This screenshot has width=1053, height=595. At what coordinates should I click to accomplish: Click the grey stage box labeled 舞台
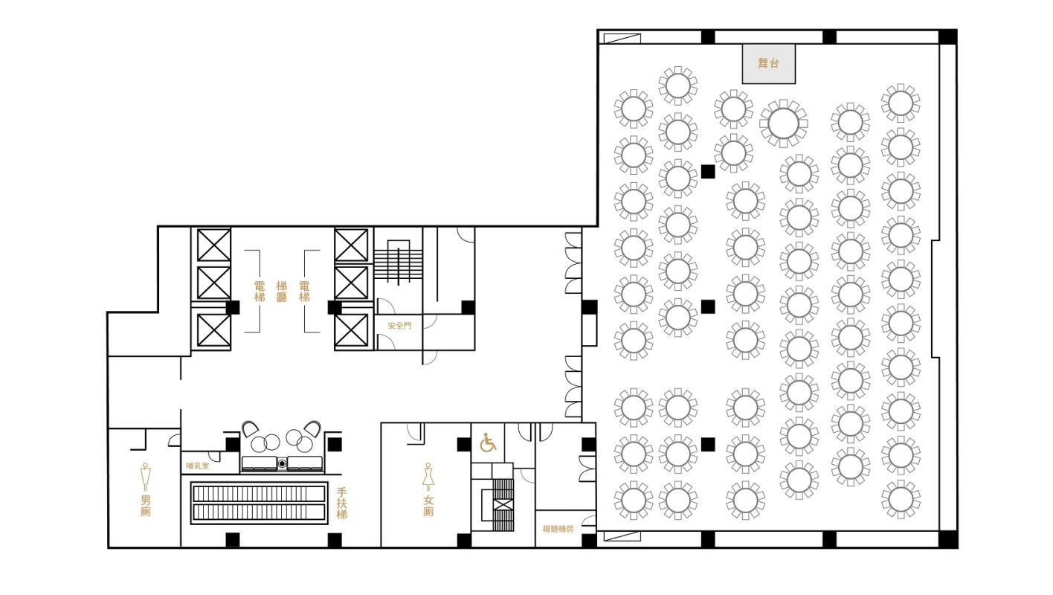[x=769, y=64]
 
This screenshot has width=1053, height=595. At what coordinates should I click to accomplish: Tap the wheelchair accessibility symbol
[x=488, y=443]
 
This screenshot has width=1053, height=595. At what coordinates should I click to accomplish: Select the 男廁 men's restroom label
[x=146, y=506]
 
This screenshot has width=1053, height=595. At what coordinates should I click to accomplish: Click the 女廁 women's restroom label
[x=428, y=506]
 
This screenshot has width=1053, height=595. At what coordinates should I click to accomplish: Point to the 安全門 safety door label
[x=399, y=326]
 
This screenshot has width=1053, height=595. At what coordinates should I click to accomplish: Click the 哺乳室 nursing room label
[x=198, y=466]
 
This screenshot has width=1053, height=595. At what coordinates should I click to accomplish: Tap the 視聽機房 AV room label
[x=558, y=529]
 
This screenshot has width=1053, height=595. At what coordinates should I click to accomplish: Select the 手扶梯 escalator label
[x=342, y=504]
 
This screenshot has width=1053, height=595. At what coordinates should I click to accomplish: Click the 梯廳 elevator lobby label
[x=282, y=292]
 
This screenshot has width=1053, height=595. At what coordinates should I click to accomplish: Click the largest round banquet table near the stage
[x=783, y=123]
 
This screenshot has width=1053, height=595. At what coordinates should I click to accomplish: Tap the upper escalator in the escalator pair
[x=259, y=494]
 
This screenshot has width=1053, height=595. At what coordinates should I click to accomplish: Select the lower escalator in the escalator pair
[x=259, y=512]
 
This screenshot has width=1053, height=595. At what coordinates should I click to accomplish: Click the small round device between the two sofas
[x=282, y=464]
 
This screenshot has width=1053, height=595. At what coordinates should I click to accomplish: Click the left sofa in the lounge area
[x=259, y=463]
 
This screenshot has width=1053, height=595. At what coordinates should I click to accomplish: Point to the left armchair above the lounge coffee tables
[x=250, y=428]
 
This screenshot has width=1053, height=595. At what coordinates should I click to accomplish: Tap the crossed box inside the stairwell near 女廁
[x=503, y=505]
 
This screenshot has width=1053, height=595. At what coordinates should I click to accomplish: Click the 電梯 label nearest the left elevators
[x=260, y=292]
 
